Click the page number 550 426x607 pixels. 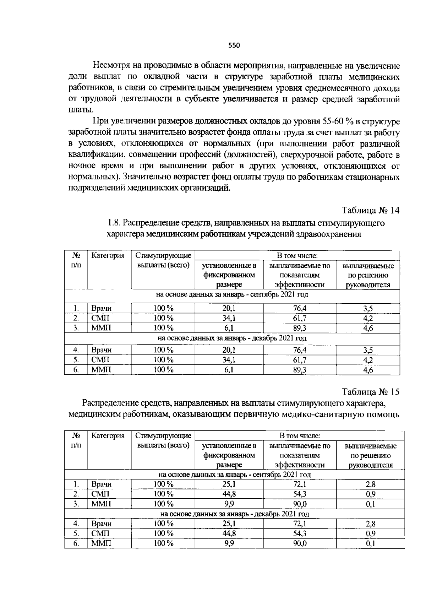coord(234,45)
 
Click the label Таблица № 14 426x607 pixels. coord(371,210)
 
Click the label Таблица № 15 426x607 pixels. coord(371,392)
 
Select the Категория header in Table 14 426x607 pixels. coord(108,256)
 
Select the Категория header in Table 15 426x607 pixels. coord(108,436)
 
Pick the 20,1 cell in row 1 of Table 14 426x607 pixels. coord(229,308)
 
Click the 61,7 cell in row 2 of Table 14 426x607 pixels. coord(300,318)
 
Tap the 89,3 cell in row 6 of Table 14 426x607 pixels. coord(300,370)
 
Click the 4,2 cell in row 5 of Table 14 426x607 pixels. coord(368,360)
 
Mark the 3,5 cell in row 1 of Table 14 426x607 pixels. coord(368,308)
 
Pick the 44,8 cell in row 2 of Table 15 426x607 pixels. coord(229,494)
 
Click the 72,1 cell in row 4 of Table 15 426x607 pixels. coord(300,524)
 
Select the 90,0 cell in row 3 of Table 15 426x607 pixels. coord(300,504)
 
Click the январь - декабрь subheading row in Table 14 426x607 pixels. coord(232,338)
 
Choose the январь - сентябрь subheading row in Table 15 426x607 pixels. coord(234,475)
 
